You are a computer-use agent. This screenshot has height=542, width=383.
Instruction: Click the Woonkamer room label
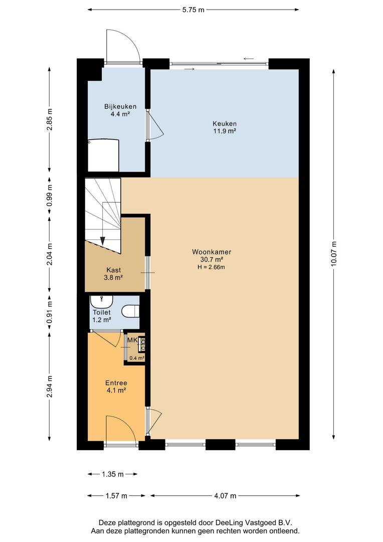[212, 252]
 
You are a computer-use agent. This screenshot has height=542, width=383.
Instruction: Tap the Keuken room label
[225, 124]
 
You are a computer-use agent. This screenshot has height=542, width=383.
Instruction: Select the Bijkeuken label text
[120, 106]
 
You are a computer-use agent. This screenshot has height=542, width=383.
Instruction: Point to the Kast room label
[113, 270]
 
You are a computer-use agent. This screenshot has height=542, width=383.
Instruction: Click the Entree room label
[116, 383]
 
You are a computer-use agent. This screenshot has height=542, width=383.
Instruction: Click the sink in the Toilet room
[102, 302]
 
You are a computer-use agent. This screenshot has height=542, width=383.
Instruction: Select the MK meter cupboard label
[132, 340]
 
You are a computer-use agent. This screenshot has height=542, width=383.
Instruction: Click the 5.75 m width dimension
[194, 10]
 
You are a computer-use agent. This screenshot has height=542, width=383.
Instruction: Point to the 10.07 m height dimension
[333, 254]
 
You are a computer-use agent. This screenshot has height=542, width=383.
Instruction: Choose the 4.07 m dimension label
[225, 496]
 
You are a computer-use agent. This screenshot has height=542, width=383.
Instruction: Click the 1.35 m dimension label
[113, 474]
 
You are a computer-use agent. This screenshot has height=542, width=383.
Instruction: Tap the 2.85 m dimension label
[50, 119]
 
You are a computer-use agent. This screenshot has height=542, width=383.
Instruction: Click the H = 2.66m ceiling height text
[212, 267]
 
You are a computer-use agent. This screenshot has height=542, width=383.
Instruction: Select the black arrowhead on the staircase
[103, 240]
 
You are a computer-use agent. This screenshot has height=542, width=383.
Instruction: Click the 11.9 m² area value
[225, 131]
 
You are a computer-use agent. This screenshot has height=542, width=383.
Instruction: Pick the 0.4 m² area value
[137, 358]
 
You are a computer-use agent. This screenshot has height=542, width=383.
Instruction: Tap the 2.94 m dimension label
[50, 386]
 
